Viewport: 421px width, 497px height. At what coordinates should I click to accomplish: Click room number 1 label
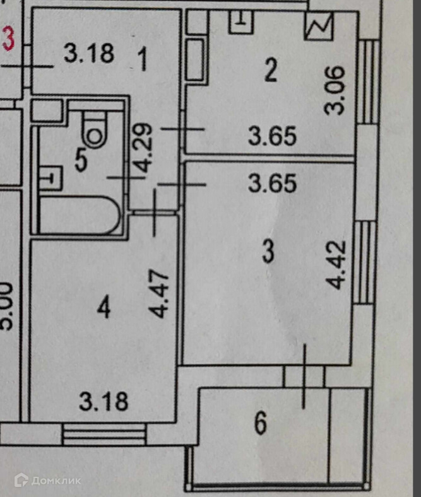pos(142,60)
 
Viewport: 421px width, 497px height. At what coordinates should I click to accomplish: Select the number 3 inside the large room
pos(268,254)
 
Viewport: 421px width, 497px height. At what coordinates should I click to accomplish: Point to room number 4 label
pos(104,308)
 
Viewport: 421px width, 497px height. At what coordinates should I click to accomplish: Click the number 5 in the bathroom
pos(81,160)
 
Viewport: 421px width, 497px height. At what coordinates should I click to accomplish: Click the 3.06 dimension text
pos(336,90)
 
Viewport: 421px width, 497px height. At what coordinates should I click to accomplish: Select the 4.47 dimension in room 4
pos(161,293)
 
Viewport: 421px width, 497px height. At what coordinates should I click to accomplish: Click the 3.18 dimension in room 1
pos(89,54)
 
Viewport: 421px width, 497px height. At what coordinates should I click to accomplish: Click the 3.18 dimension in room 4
pos(104,401)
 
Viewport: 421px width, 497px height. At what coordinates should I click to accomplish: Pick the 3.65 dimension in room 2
pos(272,136)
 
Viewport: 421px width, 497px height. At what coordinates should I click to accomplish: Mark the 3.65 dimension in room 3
pos(272,184)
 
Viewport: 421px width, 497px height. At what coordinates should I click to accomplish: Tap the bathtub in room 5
pos(79,215)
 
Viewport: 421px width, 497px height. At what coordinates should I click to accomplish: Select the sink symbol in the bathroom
pos(49,177)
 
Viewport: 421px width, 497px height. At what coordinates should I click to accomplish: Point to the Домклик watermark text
pos(49,481)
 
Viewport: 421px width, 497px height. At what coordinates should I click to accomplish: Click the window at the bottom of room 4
pos(105,435)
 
